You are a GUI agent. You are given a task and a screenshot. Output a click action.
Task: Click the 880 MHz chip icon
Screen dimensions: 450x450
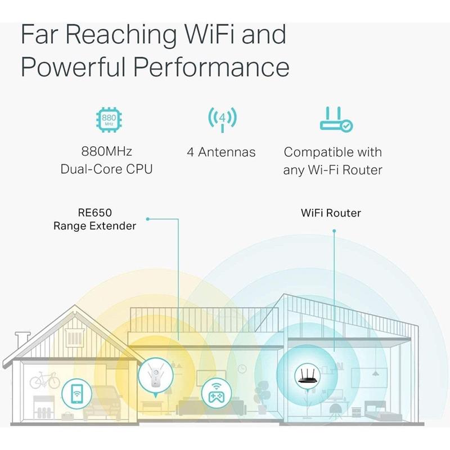109,119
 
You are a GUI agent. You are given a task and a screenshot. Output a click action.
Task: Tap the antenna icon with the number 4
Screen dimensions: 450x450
222,119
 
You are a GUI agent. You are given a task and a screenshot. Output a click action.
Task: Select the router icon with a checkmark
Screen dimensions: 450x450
336,119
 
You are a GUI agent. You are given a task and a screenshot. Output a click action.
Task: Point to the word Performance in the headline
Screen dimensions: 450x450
211,67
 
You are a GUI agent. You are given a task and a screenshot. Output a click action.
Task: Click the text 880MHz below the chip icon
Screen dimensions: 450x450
106,151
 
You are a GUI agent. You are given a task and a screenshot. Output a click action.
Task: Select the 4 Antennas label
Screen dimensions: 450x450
221,152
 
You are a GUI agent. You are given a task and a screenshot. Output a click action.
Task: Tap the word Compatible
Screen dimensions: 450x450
316,152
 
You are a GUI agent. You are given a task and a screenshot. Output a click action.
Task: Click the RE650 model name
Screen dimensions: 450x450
94,213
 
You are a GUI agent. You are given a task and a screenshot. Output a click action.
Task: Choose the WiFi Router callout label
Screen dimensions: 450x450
331,213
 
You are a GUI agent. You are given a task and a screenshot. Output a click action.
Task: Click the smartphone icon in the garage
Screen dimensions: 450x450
76,394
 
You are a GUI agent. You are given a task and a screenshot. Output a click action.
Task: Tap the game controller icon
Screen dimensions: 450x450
217,394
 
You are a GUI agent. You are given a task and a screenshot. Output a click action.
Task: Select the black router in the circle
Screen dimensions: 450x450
307,376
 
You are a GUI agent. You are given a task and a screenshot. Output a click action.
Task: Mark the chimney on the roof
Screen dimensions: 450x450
22,341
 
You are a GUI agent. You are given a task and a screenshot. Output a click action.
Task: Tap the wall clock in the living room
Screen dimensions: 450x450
242,369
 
